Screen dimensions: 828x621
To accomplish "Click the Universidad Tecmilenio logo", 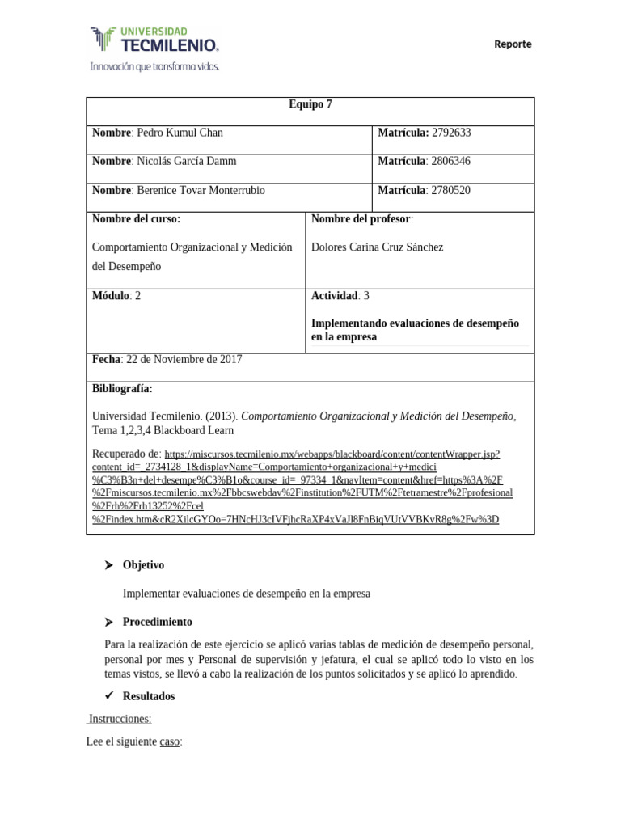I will coord(154,48).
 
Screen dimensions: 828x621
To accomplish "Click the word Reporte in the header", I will coord(513,44).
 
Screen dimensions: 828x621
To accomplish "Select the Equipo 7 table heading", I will coord(310,104).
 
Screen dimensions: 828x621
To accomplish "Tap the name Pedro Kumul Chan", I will coord(180,133).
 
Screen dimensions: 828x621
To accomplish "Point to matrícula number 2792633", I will coord(451,133).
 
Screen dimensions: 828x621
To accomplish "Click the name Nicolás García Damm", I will coord(187,161).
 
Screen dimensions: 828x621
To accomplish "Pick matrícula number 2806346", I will coord(451,161).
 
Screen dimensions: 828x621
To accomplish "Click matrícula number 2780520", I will coord(451,190).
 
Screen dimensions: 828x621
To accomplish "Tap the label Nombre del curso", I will coord(136,219).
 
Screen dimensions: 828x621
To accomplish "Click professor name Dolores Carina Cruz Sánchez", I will coord(377,247).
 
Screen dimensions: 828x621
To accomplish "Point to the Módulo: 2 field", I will coord(116,296).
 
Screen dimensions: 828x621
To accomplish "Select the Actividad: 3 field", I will coord(340,296).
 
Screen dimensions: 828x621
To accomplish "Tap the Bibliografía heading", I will coord(122,389).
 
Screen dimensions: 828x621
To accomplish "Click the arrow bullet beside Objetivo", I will coord(108,565).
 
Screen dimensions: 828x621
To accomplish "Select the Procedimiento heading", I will coord(157,622).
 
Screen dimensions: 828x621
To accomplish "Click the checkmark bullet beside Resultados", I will coord(108,696).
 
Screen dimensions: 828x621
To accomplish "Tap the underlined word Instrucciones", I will coord(120,719).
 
